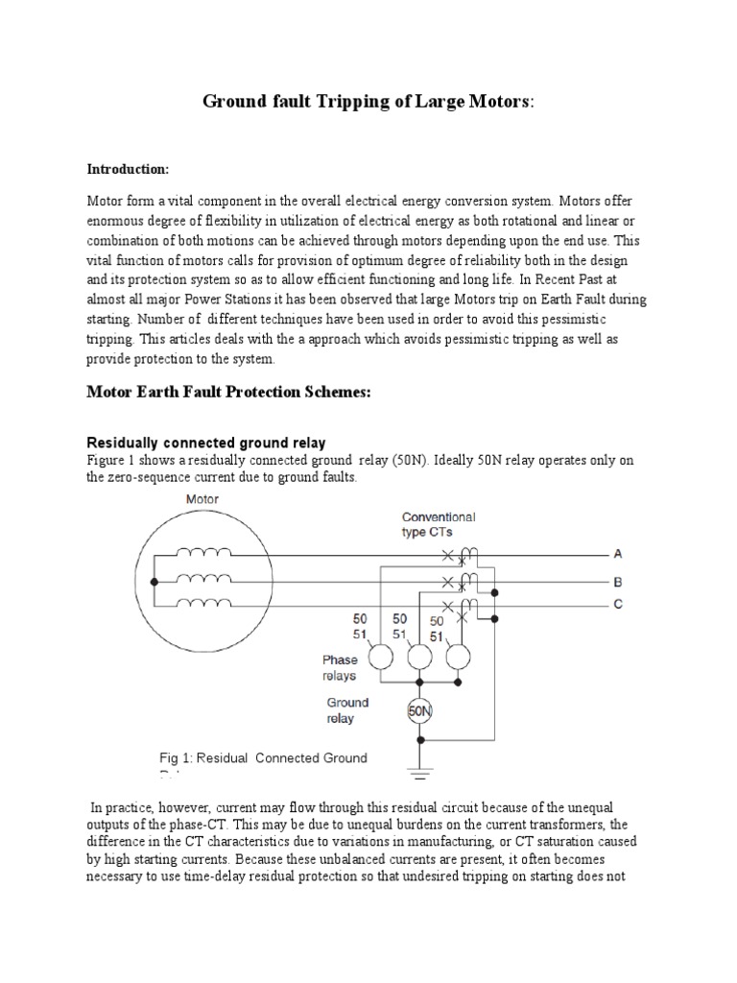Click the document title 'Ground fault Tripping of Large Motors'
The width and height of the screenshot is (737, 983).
(x=368, y=102)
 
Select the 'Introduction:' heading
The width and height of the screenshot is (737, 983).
(x=128, y=169)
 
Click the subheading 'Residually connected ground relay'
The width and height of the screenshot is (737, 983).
(x=206, y=443)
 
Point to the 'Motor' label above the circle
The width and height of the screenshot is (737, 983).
(x=202, y=499)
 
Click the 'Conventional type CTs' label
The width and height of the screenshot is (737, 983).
(x=438, y=524)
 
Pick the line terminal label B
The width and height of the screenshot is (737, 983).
(x=618, y=581)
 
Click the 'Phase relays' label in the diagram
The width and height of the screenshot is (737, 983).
(x=339, y=668)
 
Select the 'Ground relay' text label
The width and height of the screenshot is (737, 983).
(x=346, y=709)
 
